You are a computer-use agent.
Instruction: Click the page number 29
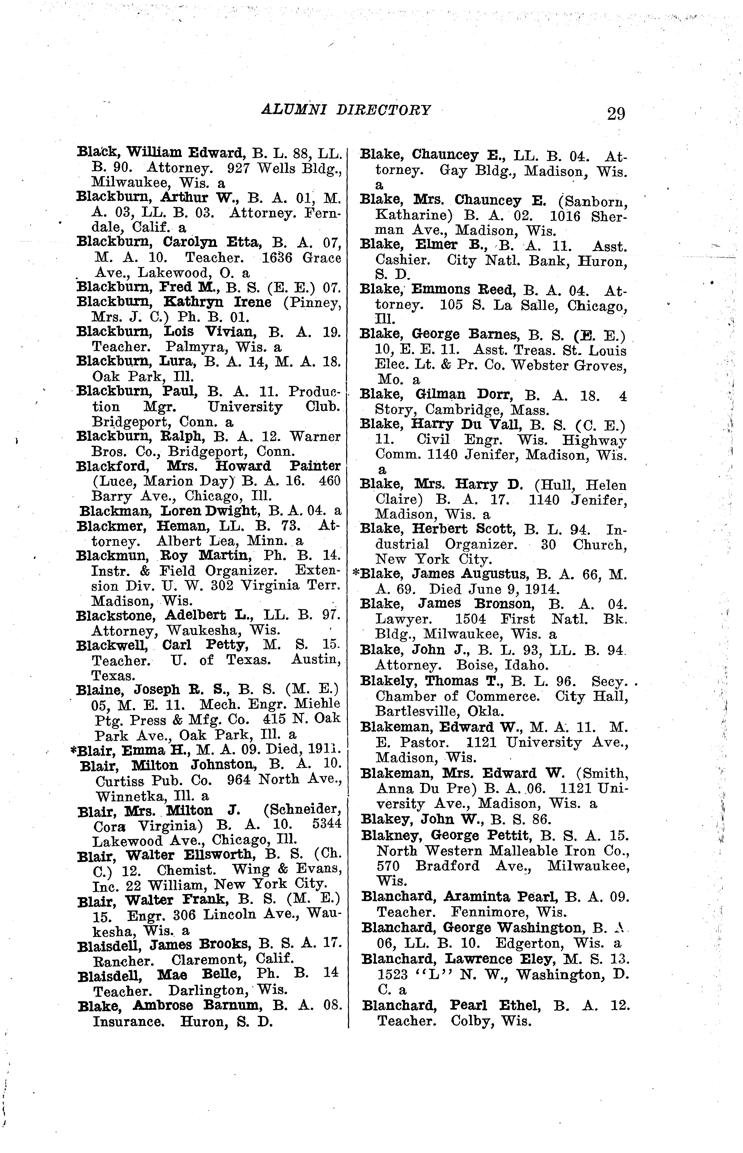pos(616,114)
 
